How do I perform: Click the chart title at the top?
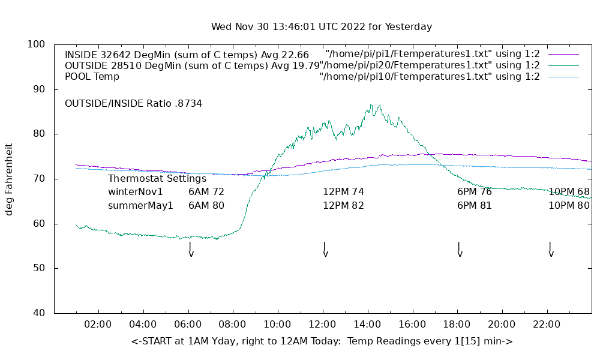[x=321, y=27]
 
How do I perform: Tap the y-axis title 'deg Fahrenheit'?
[x=9, y=179]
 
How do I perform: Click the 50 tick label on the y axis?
[x=40, y=268]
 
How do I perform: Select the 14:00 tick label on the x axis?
[x=367, y=325]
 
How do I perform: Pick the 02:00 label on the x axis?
[x=98, y=325]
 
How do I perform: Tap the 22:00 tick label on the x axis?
[x=547, y=325]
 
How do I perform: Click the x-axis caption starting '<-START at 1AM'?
[x=322, y=341]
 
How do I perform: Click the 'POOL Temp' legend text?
[x=92, y=77]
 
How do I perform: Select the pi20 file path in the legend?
[x=429, y=65]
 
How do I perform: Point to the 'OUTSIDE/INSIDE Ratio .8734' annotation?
[x=133, y=104]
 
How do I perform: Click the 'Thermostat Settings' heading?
[x=157, y=179]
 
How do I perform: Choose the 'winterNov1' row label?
[x=136, y=192]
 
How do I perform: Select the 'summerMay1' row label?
[x=140, y=206]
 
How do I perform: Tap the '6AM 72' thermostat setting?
[x=206, y=192]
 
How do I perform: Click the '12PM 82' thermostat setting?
[x=343, y=206]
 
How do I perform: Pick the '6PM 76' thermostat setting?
[x=475, y=192]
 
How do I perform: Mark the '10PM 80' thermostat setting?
[x=569, y=206]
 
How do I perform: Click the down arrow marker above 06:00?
[x=190, y=248]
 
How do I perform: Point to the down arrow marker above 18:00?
[x=459, y=248]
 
